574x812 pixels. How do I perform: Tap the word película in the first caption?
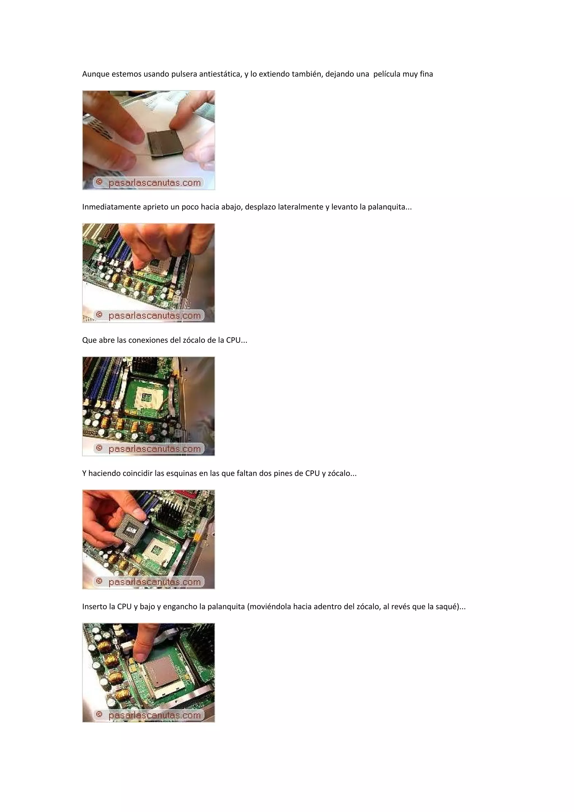point(386,74)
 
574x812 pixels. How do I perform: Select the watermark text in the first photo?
point(154,183)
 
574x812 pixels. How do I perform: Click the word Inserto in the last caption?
point(94,607)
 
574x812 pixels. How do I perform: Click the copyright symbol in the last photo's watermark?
point(99,715)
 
